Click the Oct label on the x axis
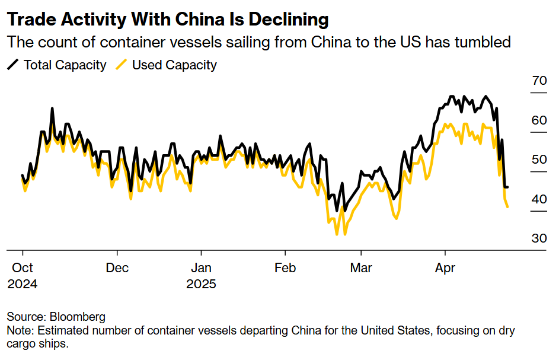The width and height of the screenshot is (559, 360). tap(23, 267)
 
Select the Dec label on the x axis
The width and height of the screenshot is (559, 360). tap(117, 267)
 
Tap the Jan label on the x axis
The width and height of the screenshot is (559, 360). tap(201, 267)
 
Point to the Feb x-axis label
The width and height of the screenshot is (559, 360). tap(285, 267)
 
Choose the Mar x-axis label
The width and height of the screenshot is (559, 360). tap(361, 267)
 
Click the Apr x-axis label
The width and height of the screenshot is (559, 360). tap(445, 267)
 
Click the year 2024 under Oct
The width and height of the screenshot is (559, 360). tap(23, 284)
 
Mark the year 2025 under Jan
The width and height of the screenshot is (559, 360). tap(201, 284)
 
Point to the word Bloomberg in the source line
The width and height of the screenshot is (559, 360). tap(78, 317)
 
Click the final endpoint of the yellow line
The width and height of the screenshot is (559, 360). tap(508, 207)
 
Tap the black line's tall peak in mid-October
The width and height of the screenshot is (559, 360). tap(52, 109)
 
